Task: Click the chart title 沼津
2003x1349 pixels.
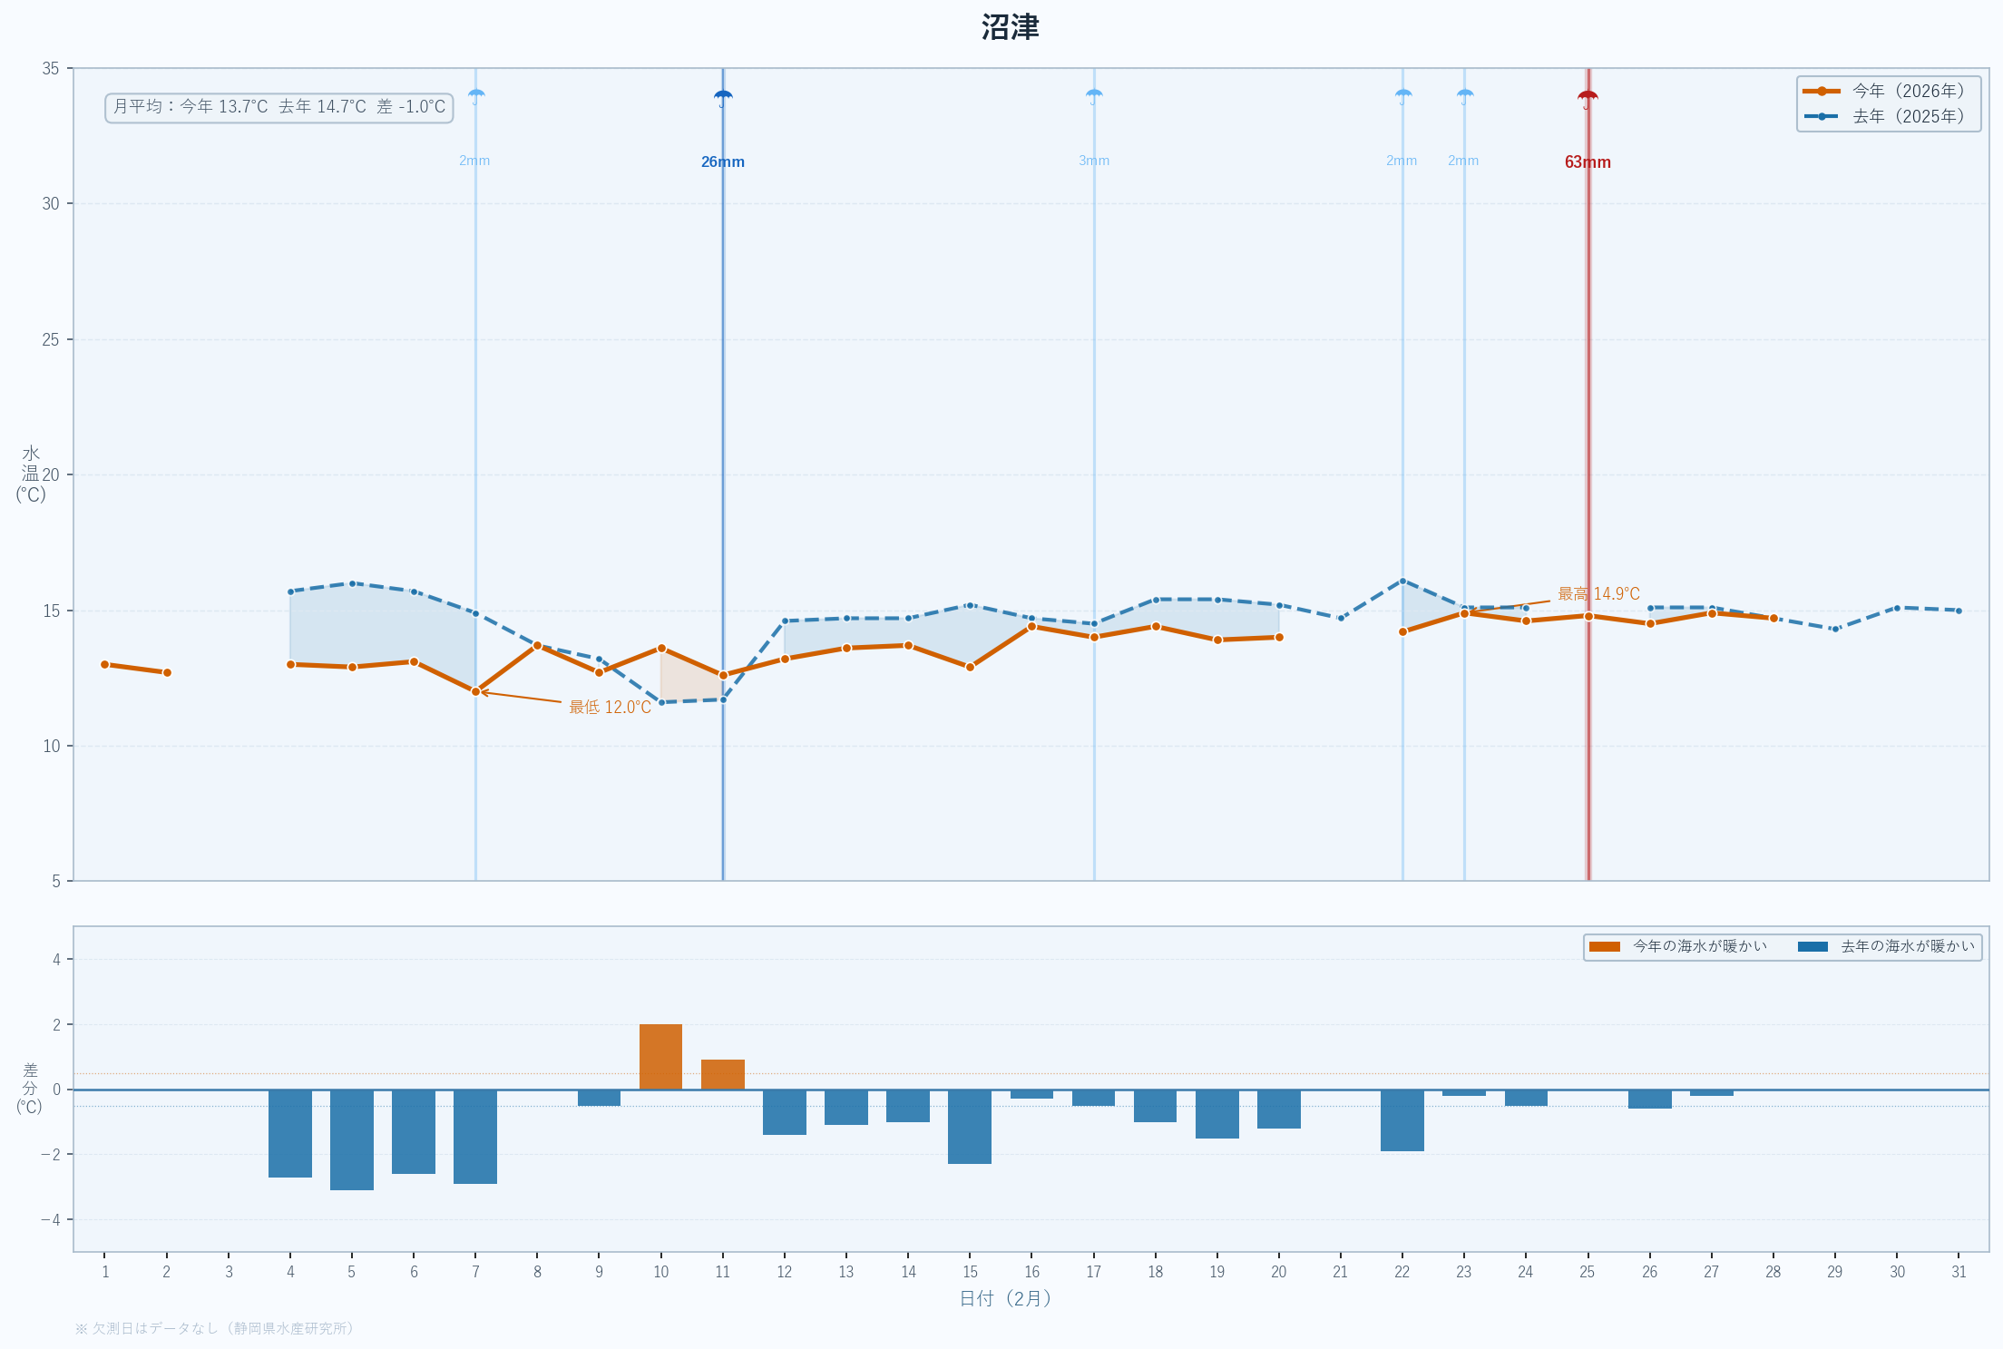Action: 1010,28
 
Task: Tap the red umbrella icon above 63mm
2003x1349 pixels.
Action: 1588,98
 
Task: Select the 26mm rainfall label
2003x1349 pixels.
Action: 722,162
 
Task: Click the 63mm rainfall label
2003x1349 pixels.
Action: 1588,162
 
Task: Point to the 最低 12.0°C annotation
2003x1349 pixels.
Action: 610,708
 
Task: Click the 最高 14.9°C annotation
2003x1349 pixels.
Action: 1598,594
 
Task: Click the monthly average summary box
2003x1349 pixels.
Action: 279,107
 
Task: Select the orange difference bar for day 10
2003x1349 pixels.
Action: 660,1057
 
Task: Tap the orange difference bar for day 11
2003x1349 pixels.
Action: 722,1075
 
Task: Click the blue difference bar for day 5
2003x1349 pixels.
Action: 352,1139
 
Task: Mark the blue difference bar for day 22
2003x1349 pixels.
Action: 1402,1120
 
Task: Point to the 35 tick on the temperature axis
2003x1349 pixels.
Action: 51,69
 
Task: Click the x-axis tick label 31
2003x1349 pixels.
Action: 1959,1272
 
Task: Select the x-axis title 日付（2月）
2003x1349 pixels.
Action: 1005,1299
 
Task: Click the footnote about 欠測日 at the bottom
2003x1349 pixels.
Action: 214,1328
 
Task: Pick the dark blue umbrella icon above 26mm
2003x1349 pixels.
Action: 723,98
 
